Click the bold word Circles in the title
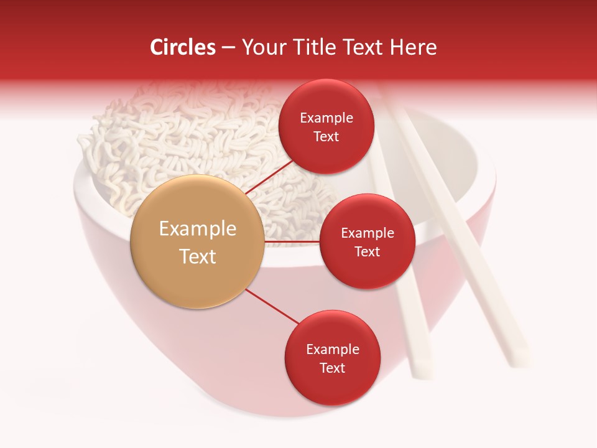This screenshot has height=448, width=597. click(x=182, y=47)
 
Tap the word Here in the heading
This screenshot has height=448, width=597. click(x=414, y=47)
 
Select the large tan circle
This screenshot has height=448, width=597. click(x=197, y=241)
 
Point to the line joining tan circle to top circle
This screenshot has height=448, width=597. click(x=269, y=177)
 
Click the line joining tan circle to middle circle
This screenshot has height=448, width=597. click(x=292, y=241)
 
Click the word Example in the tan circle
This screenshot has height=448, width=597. click(x=197, y=229)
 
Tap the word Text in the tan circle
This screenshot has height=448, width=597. click(x=197, y=256)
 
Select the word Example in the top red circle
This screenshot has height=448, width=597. click(x=326, y=118)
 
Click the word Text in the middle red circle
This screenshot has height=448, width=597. click(x=367, y=252)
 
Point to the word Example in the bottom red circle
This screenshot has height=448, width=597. click(x=332, y=350)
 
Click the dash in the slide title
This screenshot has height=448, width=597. click(x=228, y=48)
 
